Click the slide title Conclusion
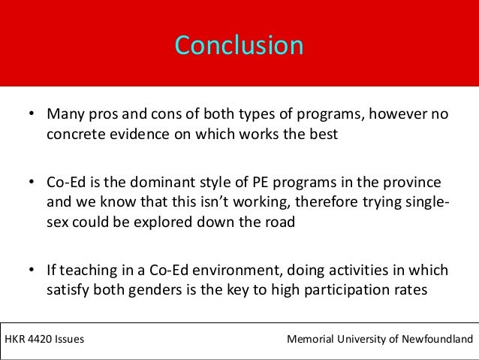pos(239,45)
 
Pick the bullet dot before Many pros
pos(32,116)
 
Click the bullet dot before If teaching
pos(32,269)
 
